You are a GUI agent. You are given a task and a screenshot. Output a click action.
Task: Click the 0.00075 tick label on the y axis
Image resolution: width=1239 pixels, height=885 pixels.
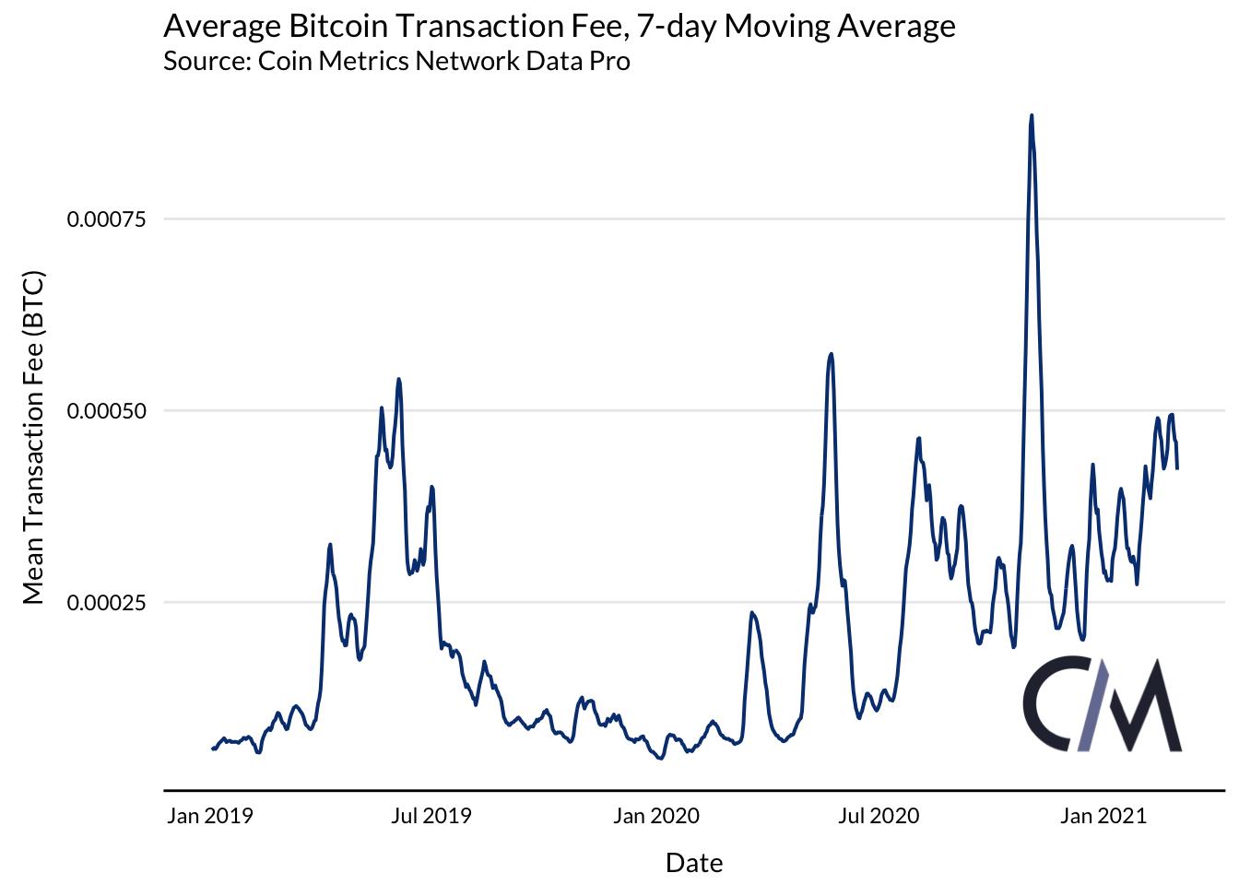coord(107,219)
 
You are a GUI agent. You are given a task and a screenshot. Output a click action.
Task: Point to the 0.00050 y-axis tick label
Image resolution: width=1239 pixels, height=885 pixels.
coord(107,411)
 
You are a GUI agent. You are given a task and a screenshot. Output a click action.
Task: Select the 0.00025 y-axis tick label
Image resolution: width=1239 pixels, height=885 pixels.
coord(107,603)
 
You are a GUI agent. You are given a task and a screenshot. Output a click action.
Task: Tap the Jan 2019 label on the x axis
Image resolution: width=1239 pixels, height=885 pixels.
coord(209,816)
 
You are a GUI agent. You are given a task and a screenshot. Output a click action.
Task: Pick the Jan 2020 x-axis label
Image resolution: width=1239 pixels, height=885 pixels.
coord(656,816)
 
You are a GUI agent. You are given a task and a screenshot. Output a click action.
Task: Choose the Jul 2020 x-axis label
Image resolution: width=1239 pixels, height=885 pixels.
coord(880,816)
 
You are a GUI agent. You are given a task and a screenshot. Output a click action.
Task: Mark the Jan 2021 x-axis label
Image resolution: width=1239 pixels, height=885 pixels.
coord(1103,816)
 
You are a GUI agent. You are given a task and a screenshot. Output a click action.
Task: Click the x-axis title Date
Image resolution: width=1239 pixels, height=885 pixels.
coord(694,863)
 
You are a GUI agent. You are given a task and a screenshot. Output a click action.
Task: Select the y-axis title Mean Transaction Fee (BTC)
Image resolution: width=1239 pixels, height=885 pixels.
coord(33,439)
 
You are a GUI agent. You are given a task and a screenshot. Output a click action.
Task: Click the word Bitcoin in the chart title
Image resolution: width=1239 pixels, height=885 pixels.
coord(345,26)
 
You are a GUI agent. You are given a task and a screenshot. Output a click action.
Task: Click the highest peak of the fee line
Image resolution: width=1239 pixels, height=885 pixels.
coord(1032,115)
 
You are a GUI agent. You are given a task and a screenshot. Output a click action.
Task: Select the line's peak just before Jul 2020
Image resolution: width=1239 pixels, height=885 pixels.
coord(832,353)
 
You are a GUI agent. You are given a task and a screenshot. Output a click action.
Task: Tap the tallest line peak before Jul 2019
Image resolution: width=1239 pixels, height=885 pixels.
coord(398,378)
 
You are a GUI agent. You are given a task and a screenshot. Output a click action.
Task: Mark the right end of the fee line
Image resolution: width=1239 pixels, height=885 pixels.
coord(1177,468)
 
